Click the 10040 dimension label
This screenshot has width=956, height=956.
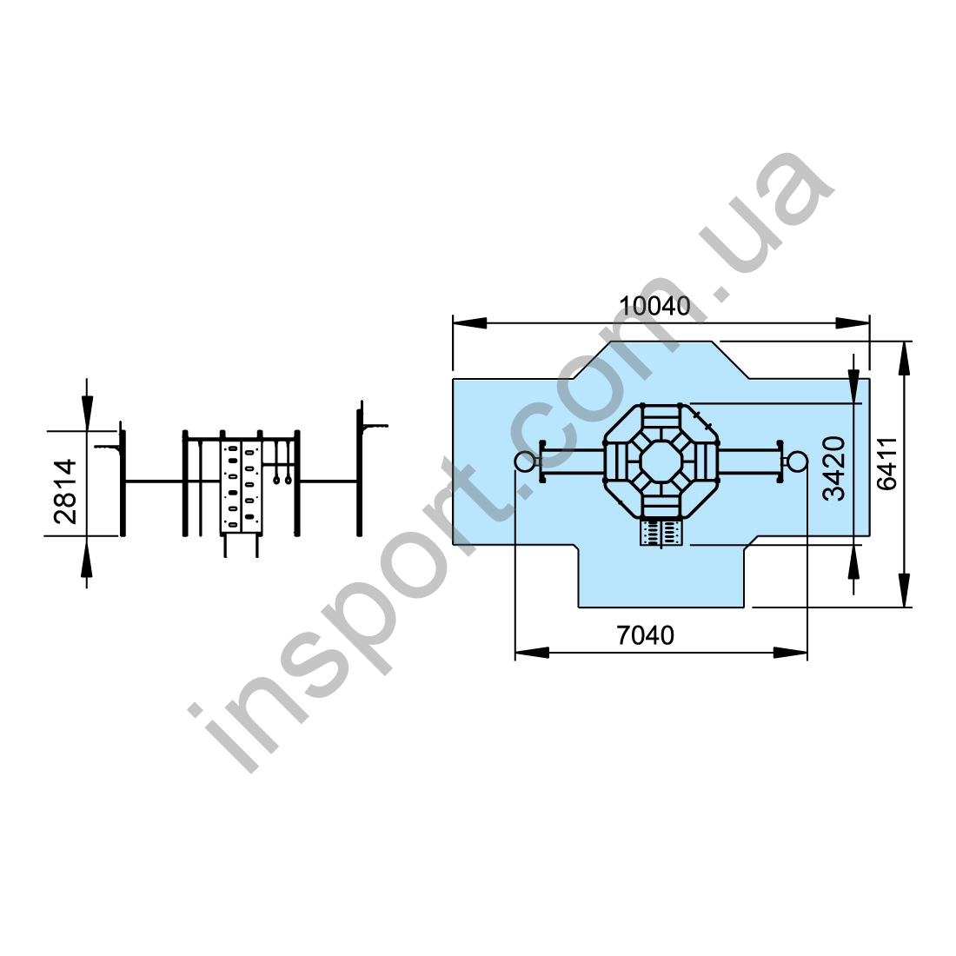(654, 305)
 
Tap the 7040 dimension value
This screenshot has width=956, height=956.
(646, 635)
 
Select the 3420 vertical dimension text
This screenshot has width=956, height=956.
(834, 468)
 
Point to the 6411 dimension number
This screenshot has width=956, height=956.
(886, 464)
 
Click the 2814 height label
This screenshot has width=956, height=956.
(65, 491)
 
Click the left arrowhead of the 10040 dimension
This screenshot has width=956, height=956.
(469, 323)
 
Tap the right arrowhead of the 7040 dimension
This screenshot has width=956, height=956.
(790, 653)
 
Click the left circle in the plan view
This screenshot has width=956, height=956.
(524, 461)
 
